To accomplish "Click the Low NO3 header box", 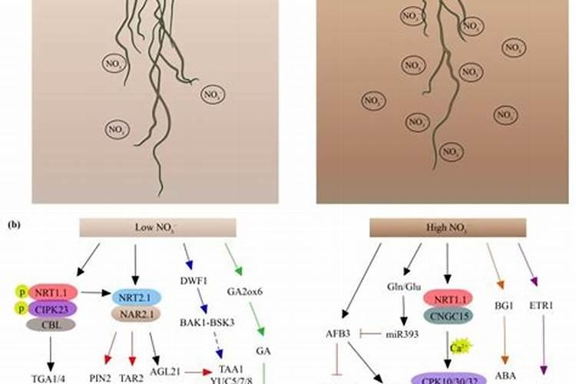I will (139, 228).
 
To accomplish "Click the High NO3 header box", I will (448, 228).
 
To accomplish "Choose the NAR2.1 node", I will (136, 313).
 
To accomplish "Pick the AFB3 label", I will (340, 333).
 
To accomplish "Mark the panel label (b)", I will (14, 225).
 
